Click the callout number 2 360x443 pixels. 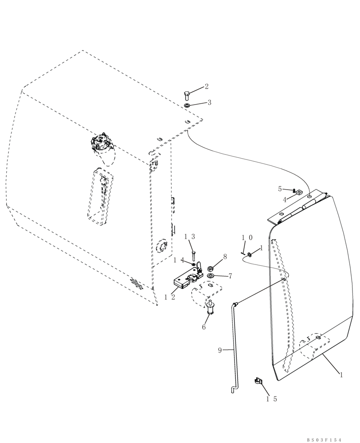206,86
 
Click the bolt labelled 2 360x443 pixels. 187,95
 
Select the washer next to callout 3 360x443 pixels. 187,105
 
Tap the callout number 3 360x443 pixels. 209,102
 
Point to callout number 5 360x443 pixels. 280,189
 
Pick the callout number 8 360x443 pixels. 225,256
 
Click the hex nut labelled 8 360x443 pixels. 211,268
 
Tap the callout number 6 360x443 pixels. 203,327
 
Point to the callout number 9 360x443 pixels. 219,350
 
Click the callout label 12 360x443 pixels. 169,298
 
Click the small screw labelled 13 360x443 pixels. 194,256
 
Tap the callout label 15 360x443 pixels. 271,399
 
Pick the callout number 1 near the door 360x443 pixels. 341,375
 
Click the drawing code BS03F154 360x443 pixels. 325,440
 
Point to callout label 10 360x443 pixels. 247,237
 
